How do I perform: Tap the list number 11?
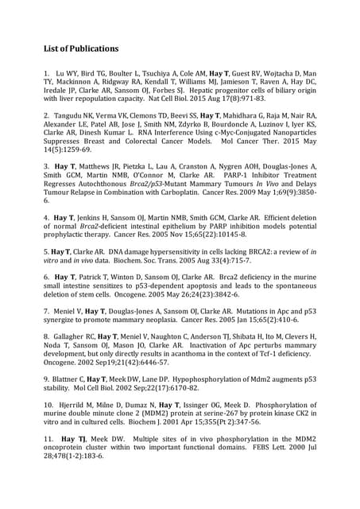tap(49, 438)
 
